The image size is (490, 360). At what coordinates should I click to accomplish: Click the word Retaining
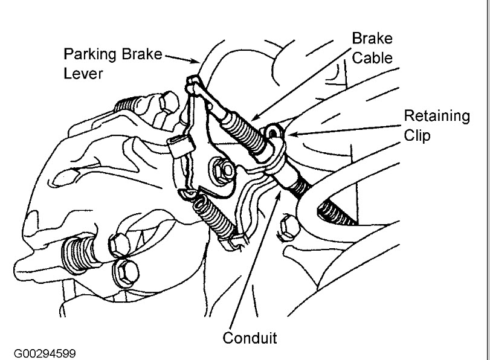(x=436, y=116)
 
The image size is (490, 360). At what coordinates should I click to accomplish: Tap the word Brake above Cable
(x=373, y=39)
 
